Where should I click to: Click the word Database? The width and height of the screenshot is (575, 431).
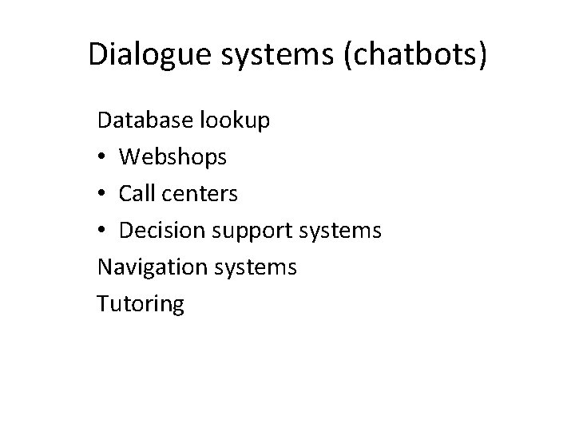(142, 121)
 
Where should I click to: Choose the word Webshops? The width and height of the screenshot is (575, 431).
(173, 158)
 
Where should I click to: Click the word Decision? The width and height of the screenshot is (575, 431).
(161, 231)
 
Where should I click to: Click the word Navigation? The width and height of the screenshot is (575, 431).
(149, 267)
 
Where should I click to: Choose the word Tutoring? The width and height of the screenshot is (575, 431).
(141, 304)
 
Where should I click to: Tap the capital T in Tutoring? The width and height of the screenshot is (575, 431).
(103, 302)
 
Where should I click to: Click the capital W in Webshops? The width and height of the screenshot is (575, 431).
(130, 158)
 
